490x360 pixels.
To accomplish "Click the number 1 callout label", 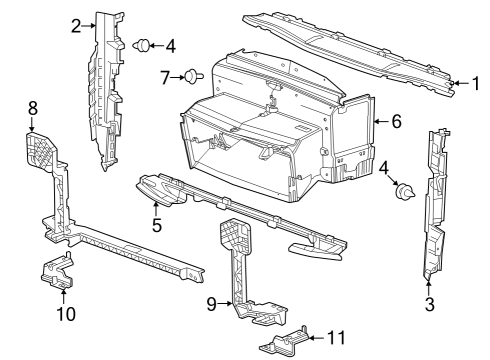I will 477,84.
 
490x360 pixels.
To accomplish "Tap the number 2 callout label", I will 76,26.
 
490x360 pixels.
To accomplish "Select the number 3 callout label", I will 429,303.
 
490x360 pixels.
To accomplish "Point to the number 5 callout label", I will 156,226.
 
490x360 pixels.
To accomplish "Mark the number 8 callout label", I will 32,106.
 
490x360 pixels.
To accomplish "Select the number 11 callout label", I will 335,337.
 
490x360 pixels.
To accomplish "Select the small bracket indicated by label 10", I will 58,271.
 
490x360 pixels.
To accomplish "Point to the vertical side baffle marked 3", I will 438,205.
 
